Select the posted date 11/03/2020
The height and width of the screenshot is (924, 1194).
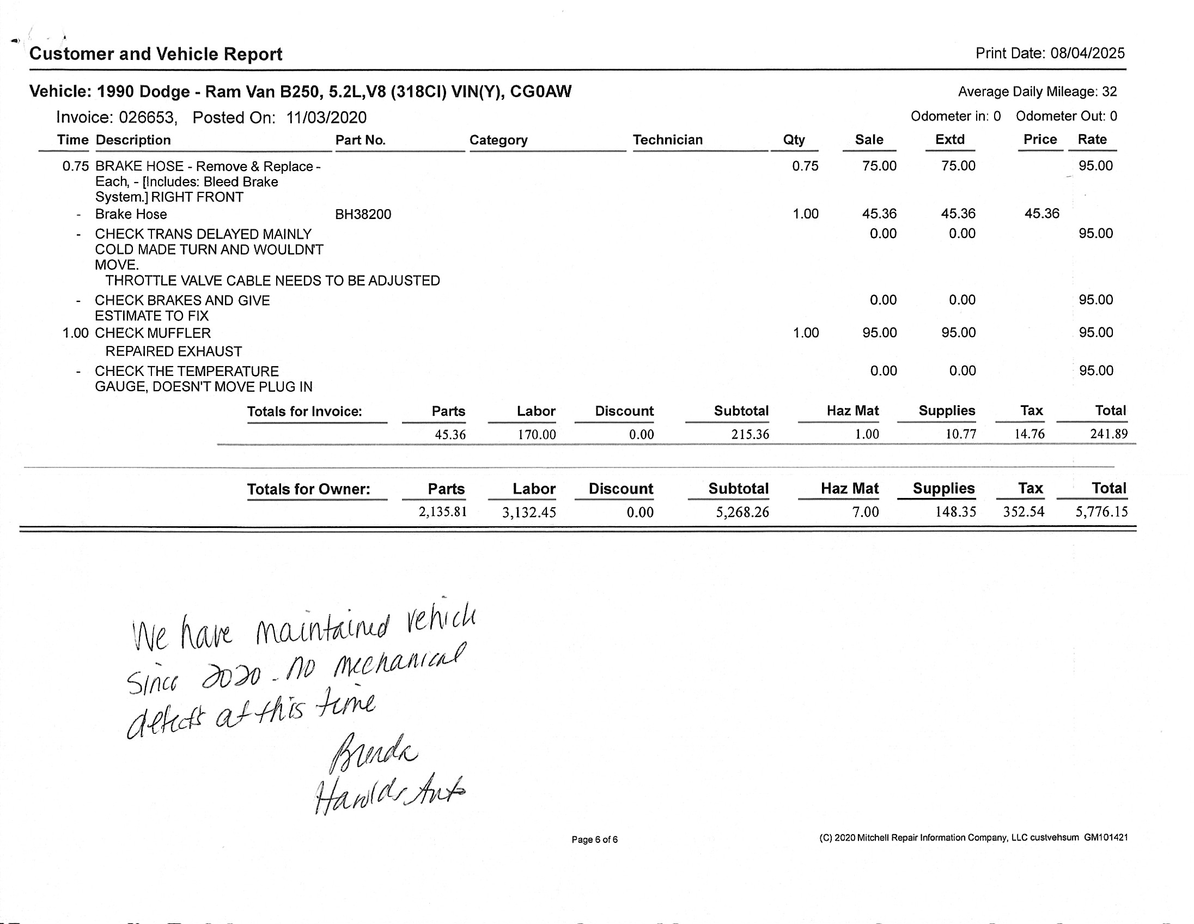[x=326, y=118]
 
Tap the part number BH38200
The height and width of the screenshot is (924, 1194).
[x=363, y=214]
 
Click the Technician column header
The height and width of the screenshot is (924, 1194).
[x=667, y=140]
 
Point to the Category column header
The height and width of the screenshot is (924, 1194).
[x=498, y=140]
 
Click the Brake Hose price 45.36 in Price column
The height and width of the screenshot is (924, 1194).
[x=1041, y=214]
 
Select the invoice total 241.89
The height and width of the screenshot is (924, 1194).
[x=1108, y=434]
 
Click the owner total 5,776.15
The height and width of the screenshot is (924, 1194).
[x=1101, y=512]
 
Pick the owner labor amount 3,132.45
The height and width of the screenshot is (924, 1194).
[x=529, y=512]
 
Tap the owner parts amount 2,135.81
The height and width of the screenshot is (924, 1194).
[x=442, y=512]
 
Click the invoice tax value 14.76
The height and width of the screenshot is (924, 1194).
[x=1029, y=434]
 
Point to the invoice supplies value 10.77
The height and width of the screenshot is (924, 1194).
[x=960, y=434]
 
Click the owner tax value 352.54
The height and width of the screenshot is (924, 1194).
[x=1024, y=512]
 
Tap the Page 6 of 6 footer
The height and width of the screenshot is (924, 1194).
[x=594, y=839]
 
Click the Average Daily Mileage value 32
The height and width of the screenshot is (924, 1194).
[x=1109, y=92]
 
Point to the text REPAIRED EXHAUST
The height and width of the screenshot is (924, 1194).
[x=173, y=351]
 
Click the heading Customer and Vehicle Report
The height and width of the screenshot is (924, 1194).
[x=156, y=54]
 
